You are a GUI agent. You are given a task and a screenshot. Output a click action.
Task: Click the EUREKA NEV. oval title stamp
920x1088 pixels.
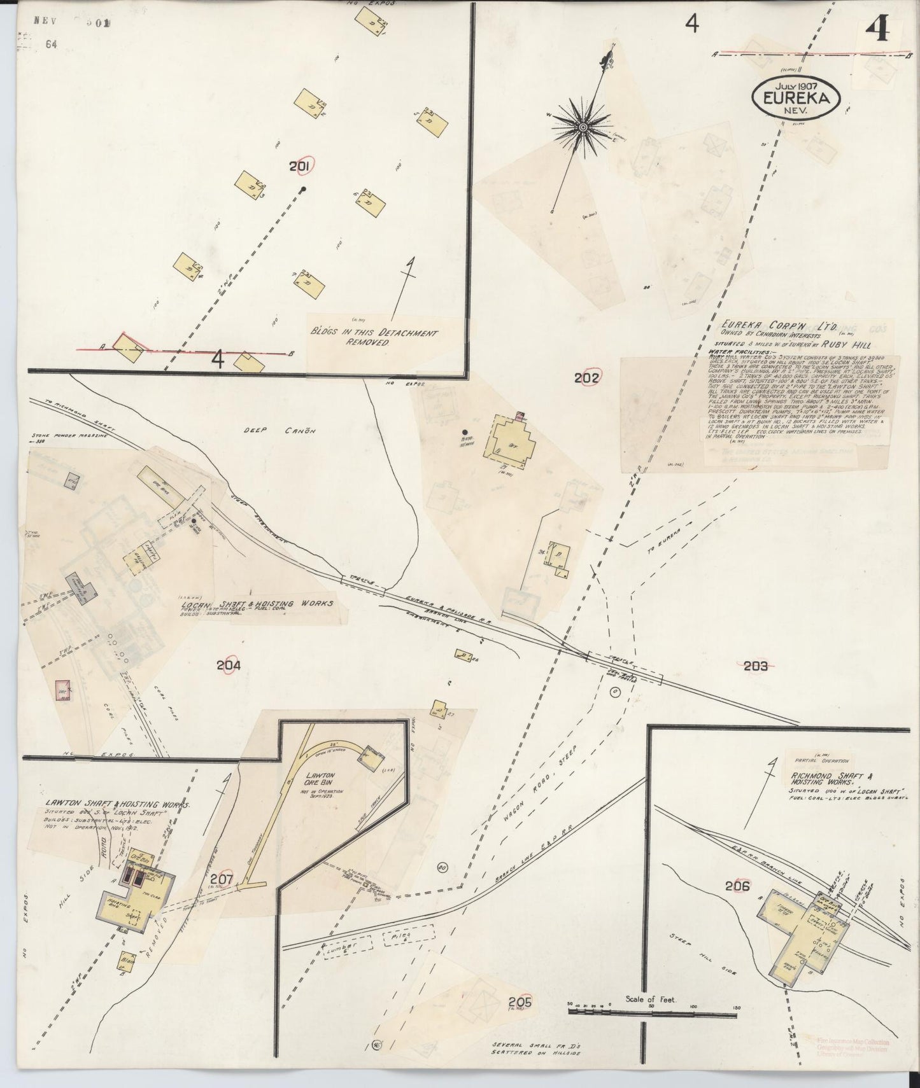click(796, 97)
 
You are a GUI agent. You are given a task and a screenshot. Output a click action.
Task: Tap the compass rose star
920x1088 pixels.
click(581, 128)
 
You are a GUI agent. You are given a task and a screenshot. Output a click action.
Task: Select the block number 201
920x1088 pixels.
click(299, 167)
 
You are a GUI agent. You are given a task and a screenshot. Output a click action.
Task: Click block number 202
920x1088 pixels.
click(586, 378)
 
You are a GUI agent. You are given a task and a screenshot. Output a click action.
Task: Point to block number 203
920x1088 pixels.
click(756, 666)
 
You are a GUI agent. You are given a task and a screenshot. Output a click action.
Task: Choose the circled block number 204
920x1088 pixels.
click(228, 666)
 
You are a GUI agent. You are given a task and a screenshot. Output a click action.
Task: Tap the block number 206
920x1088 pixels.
click(737, 886)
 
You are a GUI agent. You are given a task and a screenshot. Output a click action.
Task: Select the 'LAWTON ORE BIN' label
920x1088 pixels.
click(320, 781)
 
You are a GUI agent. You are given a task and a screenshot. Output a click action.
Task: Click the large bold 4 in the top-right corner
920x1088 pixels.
click(879, 30)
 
